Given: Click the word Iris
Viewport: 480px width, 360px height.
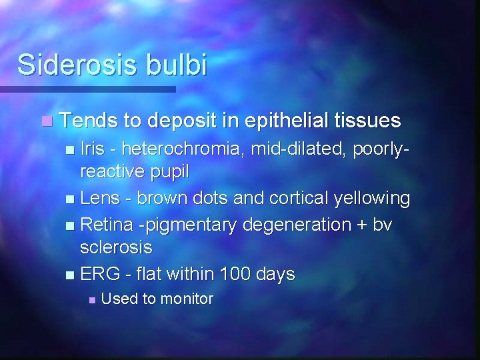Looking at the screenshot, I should pyautogui.click(x=91, y=147).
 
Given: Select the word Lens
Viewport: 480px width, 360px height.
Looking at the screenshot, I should pyautogui.click(x=97, y=198).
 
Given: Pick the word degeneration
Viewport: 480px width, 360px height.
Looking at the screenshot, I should pyautogui.click(x=290, y=225).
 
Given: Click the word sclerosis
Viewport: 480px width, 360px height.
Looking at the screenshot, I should pyautogui.click(x=116, y=248).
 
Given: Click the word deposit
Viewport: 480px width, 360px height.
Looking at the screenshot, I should pyautogui.click(x=183, y=121).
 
